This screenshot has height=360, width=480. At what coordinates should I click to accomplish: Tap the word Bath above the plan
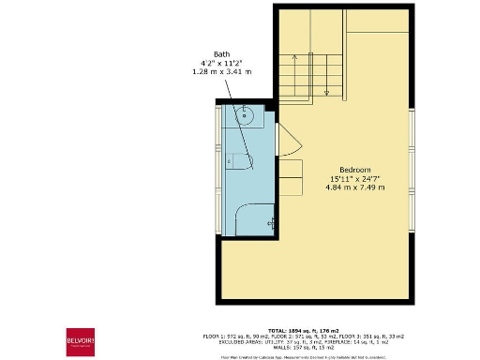[x=221, y=53]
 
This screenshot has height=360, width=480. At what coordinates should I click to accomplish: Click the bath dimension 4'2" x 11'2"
[x=221, y=63]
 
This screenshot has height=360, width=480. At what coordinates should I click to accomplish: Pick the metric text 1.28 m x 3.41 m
[x=221, y=71]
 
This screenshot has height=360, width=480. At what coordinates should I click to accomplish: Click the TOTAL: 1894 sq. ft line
[x=290, y=330]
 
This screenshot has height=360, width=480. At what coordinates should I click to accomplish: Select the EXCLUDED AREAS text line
[x=290, y=341]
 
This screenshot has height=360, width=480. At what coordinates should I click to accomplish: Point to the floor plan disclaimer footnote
[x=290, y=355]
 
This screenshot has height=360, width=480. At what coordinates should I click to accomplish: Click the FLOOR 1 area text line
[x=290, y=336]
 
